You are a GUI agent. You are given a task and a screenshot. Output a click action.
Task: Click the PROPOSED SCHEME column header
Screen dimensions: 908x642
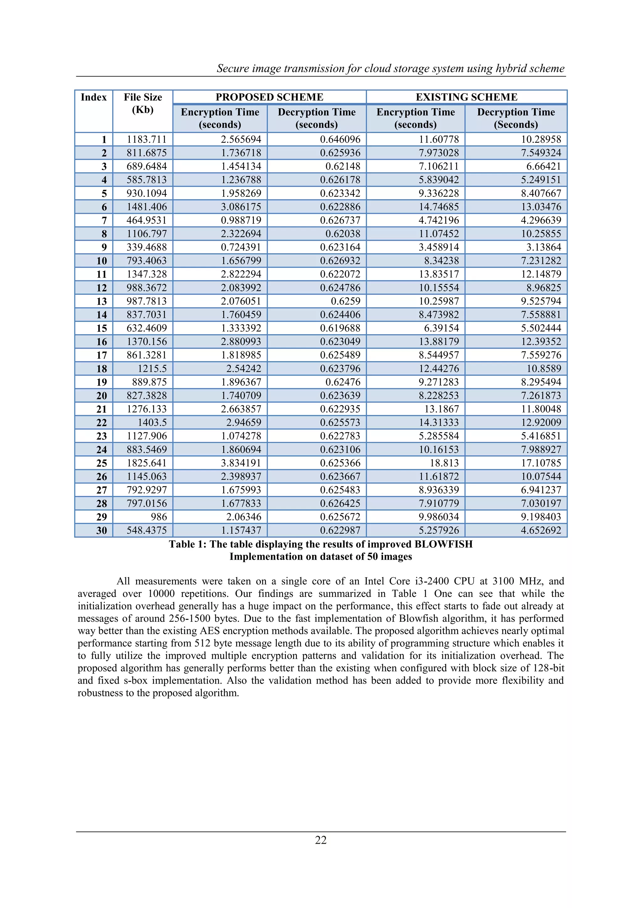click(x=269, y=97)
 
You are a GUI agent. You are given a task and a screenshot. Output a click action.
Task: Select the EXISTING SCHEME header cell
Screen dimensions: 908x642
click(x=466, y=97)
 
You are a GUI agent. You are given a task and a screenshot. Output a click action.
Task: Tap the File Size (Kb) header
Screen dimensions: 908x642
click(x=143, y=103)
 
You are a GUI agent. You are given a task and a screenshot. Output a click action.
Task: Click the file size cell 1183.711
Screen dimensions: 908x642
click(x=147, y=140)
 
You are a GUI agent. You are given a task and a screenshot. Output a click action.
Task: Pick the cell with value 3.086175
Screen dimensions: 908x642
click(x=241, y=207)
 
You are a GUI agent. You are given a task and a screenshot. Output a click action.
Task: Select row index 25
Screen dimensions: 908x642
click(x=102, y=463)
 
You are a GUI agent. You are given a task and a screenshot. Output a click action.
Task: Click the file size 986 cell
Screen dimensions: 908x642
click(x=159, y=517)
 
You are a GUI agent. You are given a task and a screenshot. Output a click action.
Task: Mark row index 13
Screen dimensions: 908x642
click(x=102, y=301)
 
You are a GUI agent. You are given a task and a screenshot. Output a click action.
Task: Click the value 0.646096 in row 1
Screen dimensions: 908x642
click(x=340, y=140)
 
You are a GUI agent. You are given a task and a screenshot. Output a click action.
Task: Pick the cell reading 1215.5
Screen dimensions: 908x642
click(x=152, y=369)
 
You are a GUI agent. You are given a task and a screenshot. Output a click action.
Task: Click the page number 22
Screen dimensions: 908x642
click(x=321, y=840)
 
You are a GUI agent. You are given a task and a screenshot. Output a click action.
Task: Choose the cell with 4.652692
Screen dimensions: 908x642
click(x=541, y=530)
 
